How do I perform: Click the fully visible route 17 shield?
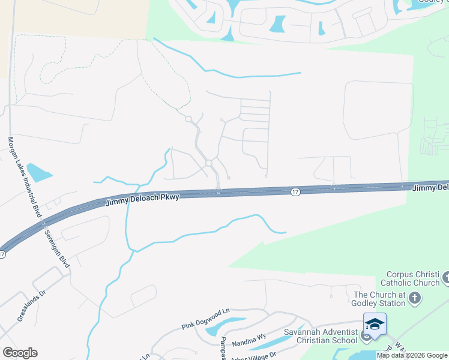click(294, 191)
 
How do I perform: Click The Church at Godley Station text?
click(380, 299)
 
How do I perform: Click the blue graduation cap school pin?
click(374, 325)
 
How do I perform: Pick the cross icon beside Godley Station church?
click(415, 298)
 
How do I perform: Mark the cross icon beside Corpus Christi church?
click(445, 278)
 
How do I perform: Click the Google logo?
click(20, 353)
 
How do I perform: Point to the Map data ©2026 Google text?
click(412, 355)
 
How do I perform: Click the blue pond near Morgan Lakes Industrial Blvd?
click(39, 172)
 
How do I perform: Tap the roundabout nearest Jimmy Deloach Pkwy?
click(209, 163)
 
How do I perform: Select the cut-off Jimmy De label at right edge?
click(430, 188)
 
